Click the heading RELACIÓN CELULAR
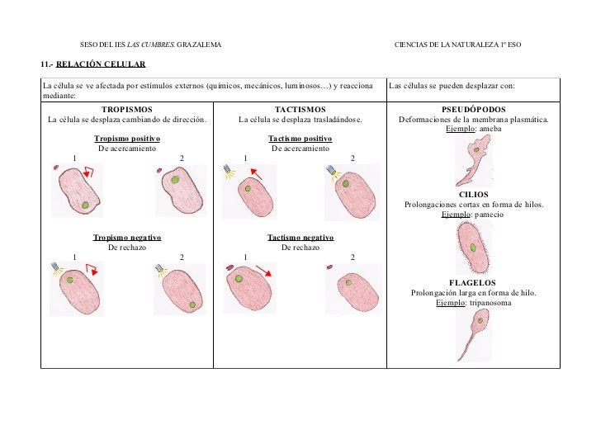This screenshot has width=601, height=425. (x=101, y=64)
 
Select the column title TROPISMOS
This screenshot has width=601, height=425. (x=126, y=109)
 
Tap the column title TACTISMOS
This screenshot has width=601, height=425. (x=300, y=109)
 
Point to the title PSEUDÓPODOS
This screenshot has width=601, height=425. (x=474, y=109)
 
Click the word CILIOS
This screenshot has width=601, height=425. (x=473, y=194)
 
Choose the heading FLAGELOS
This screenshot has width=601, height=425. (x=473, y=282)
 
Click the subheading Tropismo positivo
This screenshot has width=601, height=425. (x=126, y=139)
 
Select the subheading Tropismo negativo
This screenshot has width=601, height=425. (x=126, y=237)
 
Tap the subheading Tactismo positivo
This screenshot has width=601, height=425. (x=300, y=139)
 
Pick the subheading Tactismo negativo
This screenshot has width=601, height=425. (x=300, y=237)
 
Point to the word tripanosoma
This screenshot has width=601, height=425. (x=489, y=302)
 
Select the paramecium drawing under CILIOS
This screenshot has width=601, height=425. (x=472, y=247)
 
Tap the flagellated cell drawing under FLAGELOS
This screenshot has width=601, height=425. (x=472, y=334)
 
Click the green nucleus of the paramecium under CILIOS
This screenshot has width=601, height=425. (x=472, y=247)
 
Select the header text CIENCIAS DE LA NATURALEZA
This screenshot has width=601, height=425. (x=446, y=44)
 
